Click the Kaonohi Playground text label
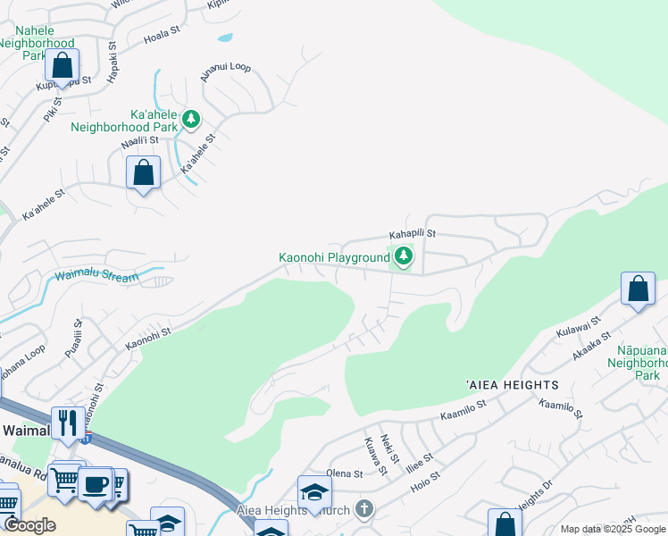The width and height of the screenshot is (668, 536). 334,258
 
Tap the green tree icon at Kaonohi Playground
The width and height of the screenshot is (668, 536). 405,257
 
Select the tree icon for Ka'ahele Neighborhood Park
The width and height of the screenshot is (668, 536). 190,118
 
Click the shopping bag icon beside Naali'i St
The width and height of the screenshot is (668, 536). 143,172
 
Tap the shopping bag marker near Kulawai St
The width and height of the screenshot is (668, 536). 638,289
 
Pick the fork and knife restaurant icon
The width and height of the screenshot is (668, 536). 69,422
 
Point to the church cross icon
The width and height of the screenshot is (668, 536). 363,509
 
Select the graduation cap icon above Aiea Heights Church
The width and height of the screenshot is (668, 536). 314,492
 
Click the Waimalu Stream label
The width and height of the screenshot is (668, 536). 96,277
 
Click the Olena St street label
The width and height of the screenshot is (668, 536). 345,473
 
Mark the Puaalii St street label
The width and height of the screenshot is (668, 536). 73,339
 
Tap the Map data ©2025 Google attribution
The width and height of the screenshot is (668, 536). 613,529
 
